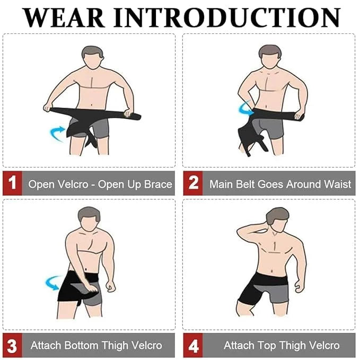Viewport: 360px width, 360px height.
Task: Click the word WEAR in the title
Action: coord(64,17)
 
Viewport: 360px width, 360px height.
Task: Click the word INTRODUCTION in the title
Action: coord(227,17)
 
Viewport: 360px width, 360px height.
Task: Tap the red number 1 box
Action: coord(12,183)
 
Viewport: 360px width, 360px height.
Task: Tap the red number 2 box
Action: coord(193,183)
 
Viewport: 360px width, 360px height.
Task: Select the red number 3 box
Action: coord(12,345)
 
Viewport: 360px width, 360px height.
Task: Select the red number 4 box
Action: coord(193,345)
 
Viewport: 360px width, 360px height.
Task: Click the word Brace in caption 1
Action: coord(158,184)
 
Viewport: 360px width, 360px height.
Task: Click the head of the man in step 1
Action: coord(92,57)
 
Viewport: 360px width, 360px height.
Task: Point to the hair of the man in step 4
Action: coord(277,215)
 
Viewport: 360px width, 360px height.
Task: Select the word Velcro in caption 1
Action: coord(73,184)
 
